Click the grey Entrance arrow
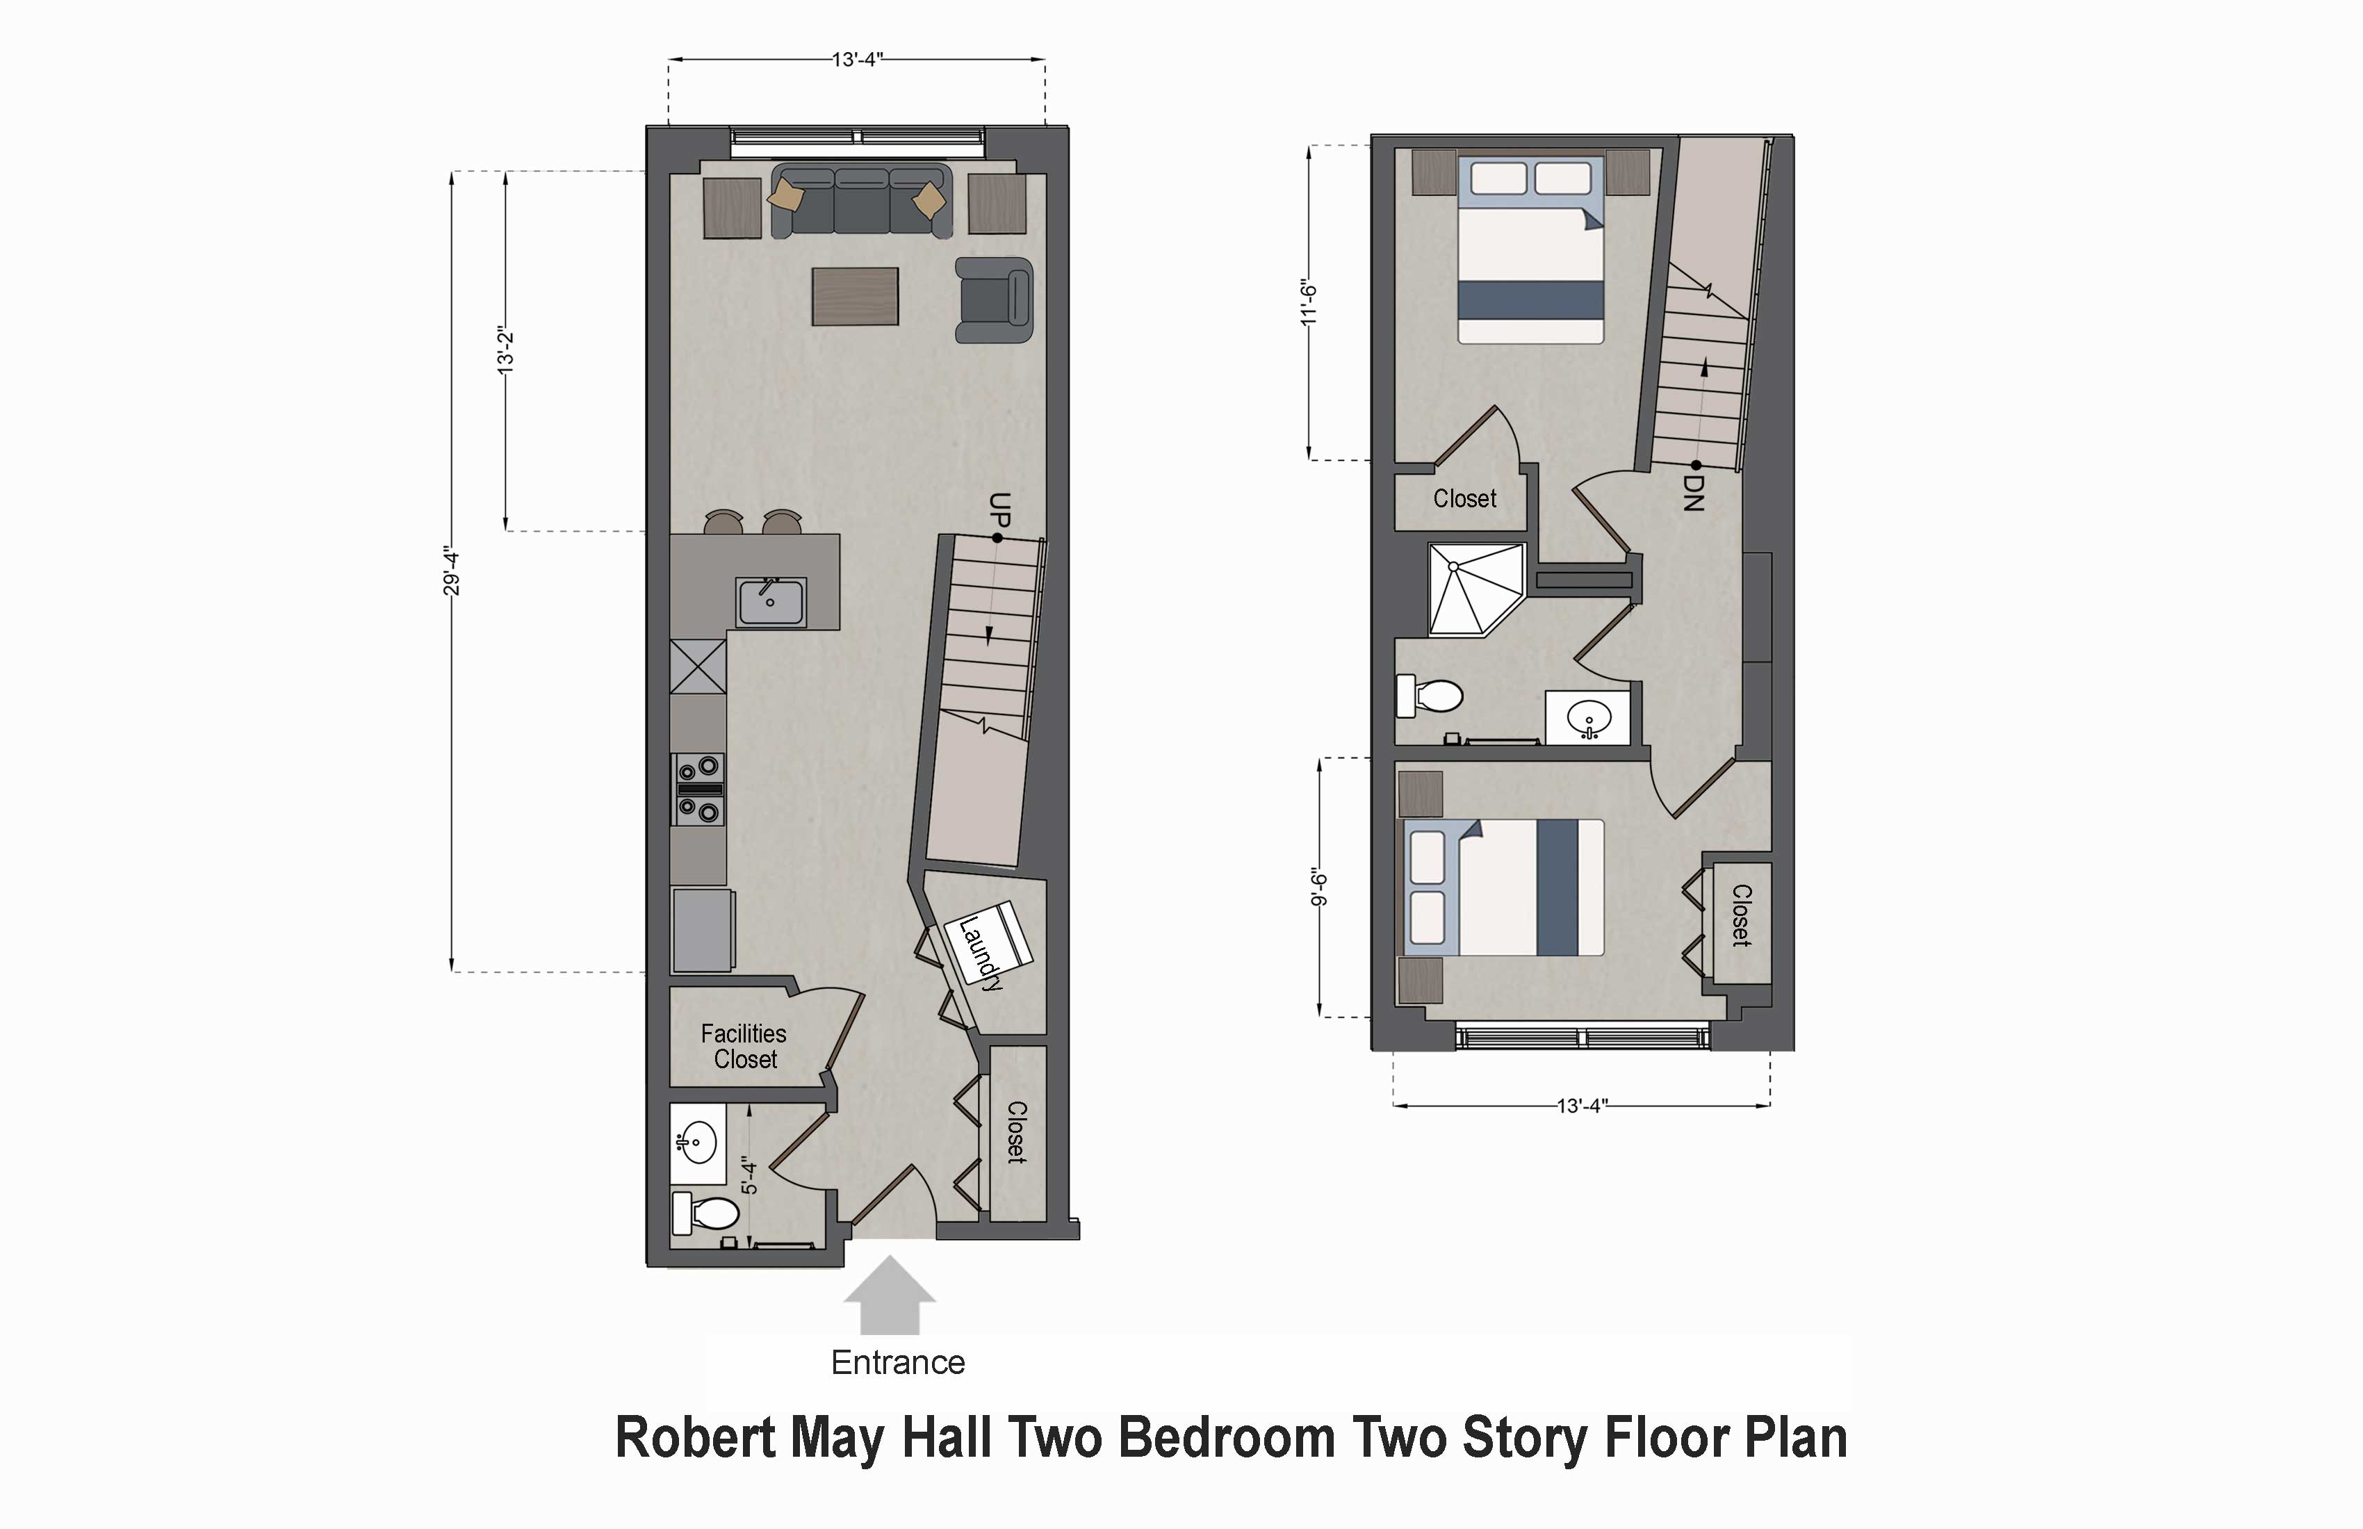pos(889,1295)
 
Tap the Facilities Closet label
pos(744,1047)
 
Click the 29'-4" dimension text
pos(452,571)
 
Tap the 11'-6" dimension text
pos(1309,303)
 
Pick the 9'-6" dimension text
pos(1318,888)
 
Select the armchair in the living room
pos(994,300)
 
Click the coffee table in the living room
pos(855,296)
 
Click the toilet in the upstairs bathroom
pos(1429,695)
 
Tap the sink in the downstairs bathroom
pos(697,1143)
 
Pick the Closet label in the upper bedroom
pos(1464,498)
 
